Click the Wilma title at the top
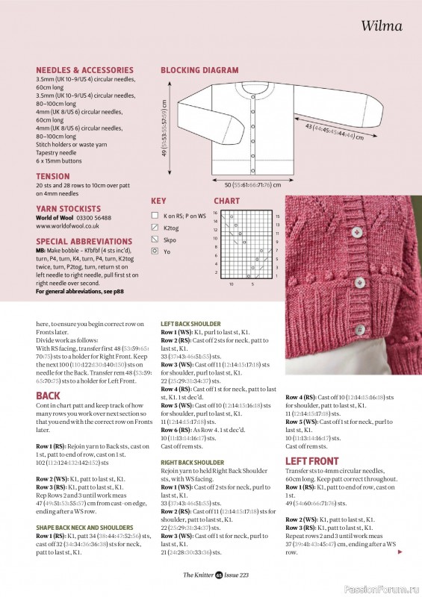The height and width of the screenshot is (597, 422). (382, 26)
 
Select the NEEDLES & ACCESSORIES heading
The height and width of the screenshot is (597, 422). (84, 70)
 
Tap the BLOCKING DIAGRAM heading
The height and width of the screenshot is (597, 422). (199, 70)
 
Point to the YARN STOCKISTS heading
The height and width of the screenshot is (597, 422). (68, 209)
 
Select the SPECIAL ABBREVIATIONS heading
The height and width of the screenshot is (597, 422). (84, 242)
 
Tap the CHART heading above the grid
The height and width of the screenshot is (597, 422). (226, 201)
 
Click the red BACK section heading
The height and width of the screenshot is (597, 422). (48, 396)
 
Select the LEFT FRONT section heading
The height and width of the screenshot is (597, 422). (312, 461)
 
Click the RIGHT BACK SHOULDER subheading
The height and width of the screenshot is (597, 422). (193, 463)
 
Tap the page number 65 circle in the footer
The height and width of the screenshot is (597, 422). (219, 575)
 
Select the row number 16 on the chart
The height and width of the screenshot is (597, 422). (214, 213)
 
